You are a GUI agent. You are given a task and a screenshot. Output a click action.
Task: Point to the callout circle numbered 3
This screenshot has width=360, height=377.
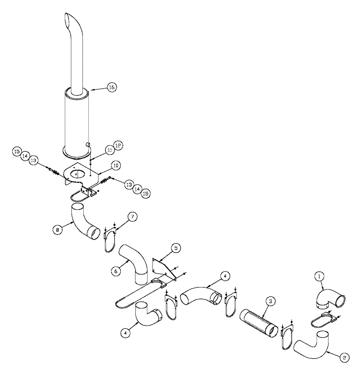coord(270,301)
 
